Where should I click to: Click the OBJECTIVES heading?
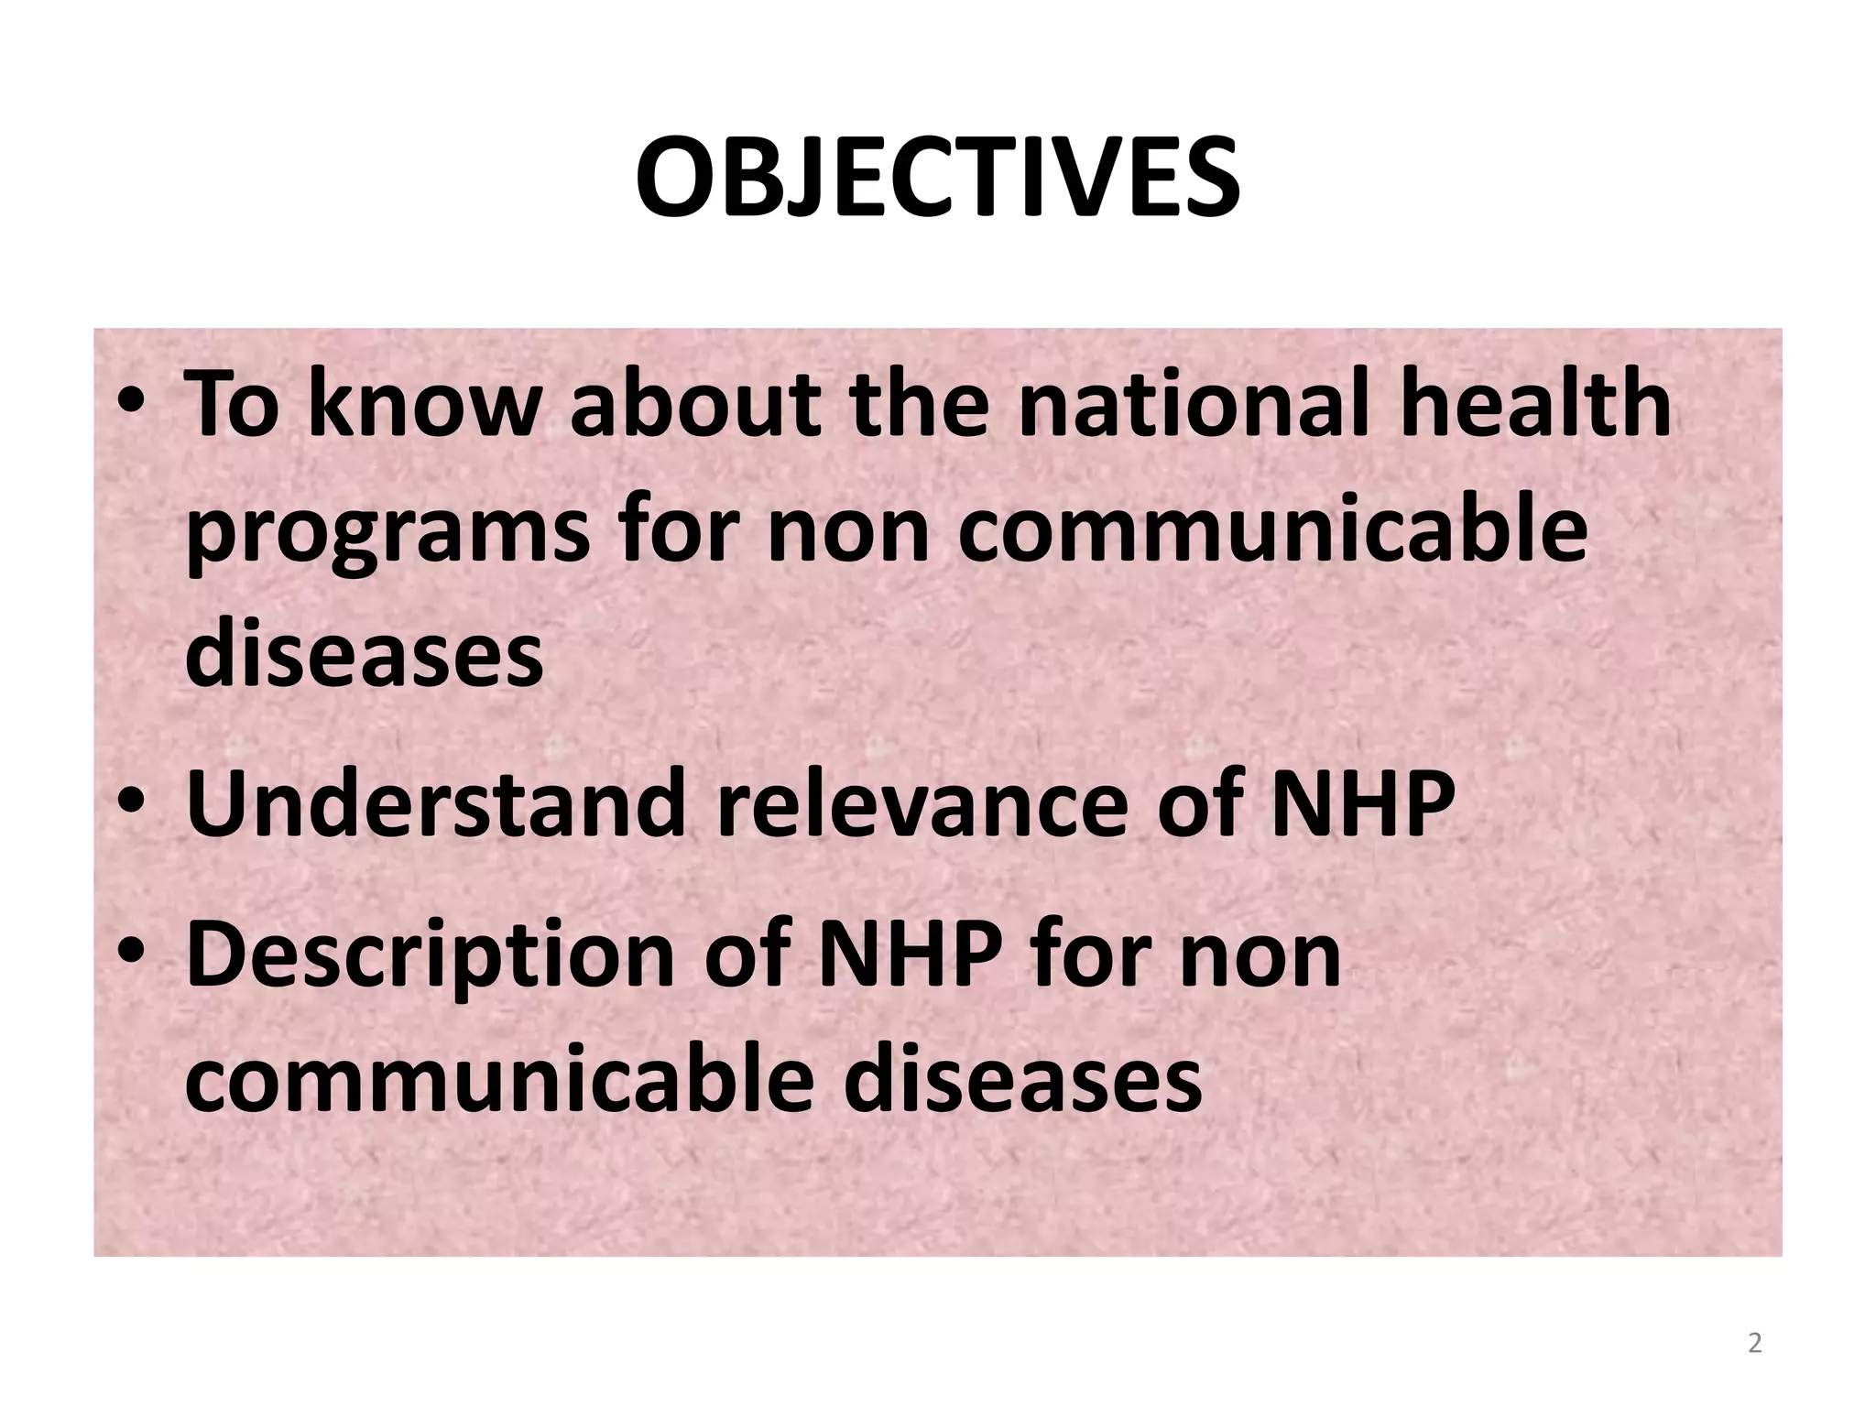[x=937, y=178]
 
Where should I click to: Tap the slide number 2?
[x=1754, y=1343]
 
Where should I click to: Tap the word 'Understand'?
[x=435, y=803]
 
